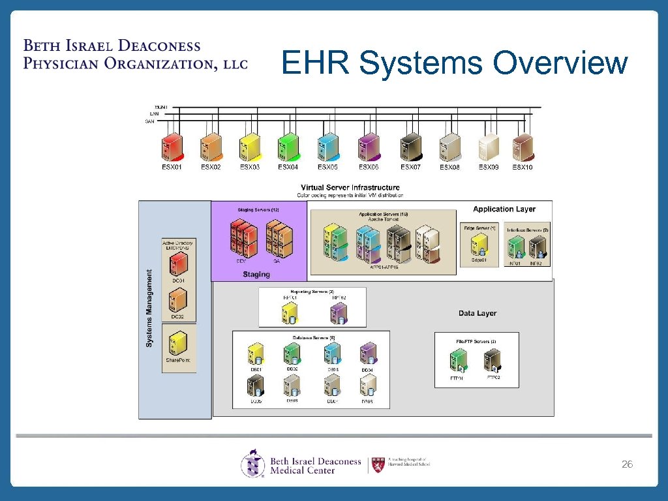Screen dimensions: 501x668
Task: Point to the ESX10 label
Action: tap(522, 167)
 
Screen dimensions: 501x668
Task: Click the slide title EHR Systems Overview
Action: tap(455, 64)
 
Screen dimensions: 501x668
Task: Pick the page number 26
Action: tap(627, 464)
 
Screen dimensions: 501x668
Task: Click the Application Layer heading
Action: tap(504, 209)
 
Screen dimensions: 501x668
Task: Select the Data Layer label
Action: tap(478, 313)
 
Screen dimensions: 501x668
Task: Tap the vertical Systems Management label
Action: tap(149, 309)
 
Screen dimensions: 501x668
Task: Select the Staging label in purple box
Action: tap(256, 275)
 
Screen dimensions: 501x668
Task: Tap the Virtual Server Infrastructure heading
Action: tap(350, 187)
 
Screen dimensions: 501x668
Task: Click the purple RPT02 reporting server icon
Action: tap(338, 312)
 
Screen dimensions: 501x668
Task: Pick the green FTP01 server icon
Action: tap(458, 360)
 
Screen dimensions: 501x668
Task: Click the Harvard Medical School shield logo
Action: tap(377, 464)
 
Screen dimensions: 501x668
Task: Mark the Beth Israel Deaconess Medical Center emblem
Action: tap(253, 464)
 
